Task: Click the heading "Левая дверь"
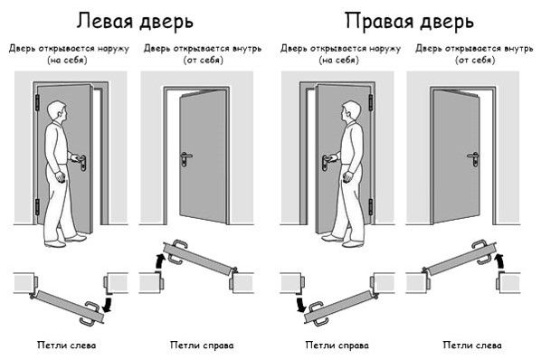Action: coord(135,22)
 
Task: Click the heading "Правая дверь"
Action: coord(409,22)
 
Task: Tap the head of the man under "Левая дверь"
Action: coord(57,110)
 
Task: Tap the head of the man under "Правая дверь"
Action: coord(352,110)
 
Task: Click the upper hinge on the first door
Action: coord(37,102)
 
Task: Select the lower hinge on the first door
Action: coord(37,207)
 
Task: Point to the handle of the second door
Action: coord(185,159)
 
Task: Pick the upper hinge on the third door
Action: coord(371,102)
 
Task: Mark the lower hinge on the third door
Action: coord(371,207)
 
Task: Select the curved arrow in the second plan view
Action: coord(160,260)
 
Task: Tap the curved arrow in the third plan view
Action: coord(299,303)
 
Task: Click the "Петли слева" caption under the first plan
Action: coord(67,345)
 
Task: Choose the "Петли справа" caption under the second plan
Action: coord(202,345)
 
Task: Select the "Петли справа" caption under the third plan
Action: coord(337,345)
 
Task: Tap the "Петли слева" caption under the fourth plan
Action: coord(472,345)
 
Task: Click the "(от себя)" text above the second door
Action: coord(203,61)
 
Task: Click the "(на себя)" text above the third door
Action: coord(338,61)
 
